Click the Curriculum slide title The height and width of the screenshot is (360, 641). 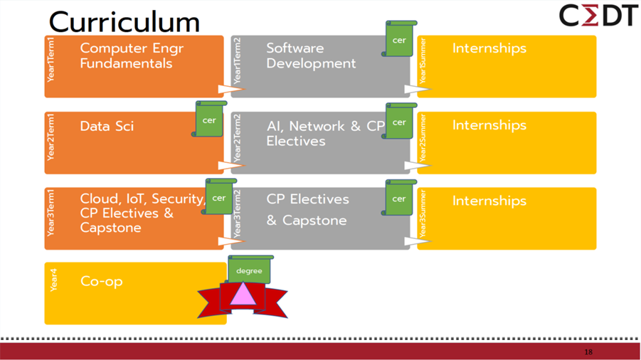pyautogui.click(x=124, y=21)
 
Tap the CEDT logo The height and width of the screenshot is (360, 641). pyautogui.click(x=598, y=16)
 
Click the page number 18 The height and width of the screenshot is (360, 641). pyautogui.click(x=588, y=352)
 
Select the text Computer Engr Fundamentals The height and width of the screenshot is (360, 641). pyautogui.click(x=126, y=55)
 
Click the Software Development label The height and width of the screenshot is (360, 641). pyautogui.click(x=311, y=55)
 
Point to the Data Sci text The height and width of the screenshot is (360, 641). pyautogui.click(x=107, y=126)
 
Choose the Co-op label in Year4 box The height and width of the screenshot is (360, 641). pyautogui.click(x=101, y=281)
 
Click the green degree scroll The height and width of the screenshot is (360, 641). pyautogui.click(x=249, y=270)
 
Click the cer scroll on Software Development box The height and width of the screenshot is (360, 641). pyautogui.click(x=399, y=39)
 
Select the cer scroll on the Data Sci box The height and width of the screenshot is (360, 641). pyautogui.click(x=209, y=120)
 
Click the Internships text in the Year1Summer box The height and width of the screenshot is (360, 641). pyautogui.click(x=489, y=48)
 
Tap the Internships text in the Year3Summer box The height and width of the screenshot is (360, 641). pyautogui.click(x=489, y=201)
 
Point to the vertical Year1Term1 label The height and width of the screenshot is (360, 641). pyautogui.click(x=51, y=59)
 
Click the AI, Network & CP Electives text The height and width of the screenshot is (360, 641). pyautogui.click(x=325, y=133)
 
